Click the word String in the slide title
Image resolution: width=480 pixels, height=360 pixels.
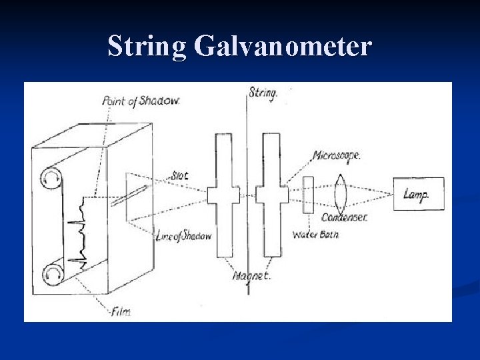(x=147, y=46)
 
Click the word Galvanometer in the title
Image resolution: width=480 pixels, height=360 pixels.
(x=283, y=46)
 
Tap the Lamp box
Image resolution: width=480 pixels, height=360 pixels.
(x=418, y=194)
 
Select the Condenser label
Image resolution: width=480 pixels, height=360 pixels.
(x=344, y=217)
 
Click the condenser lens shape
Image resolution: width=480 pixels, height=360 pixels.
(x=340, y=193)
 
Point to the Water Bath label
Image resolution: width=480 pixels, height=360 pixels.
(x=315, y=235)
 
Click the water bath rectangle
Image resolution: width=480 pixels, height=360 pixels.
(x=308, y=195)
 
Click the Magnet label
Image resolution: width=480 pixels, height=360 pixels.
(x=251, y=275)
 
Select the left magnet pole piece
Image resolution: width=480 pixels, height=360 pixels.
(x=224, y=195)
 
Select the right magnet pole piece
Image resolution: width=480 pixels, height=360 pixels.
(x=271, y=195)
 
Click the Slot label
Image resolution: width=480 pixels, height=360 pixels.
(x=179, y=176)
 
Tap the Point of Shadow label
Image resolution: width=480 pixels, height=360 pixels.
(x=141, y=101)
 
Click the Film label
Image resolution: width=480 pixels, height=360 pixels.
(x=121, y=311)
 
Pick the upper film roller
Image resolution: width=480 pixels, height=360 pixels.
(x=51, y=178)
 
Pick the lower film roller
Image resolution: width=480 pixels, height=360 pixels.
(x=51, y=273)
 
